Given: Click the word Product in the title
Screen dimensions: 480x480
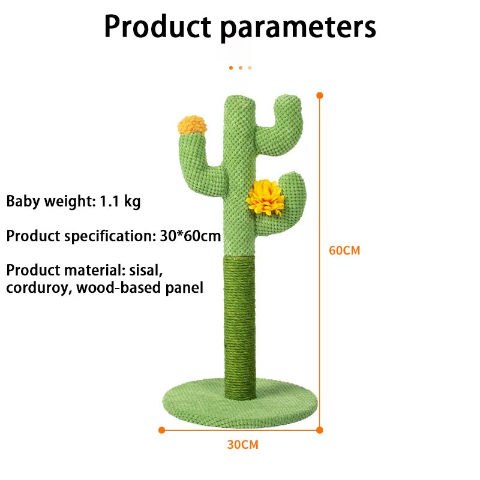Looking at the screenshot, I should pos(157,27).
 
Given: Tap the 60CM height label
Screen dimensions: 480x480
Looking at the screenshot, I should pos(344,250).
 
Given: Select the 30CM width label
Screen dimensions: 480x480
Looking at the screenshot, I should pos(242,445).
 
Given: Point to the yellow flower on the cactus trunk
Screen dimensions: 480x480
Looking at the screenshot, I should pos(265,197).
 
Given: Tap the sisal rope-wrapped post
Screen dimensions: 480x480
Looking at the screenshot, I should pos(243,324).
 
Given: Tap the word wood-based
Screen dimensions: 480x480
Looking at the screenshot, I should pos(112,287).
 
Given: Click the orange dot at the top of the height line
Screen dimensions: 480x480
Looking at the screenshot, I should pos(320,95).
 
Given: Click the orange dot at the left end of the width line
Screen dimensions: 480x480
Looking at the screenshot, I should pos(161,430).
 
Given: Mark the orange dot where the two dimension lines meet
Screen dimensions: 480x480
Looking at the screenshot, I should pos(320,430).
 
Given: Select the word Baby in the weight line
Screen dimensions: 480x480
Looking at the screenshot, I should pos(23,202).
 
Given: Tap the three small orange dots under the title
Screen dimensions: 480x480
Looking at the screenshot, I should pos(240,68).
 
